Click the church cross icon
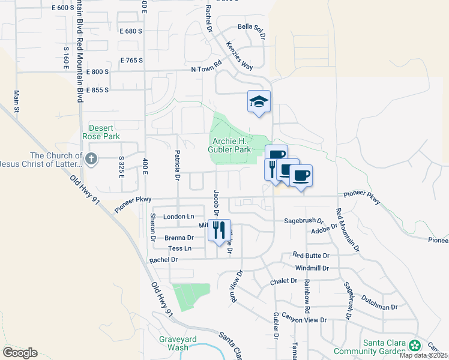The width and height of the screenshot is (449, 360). pos(91,159)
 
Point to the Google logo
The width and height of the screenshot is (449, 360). pos(19,353)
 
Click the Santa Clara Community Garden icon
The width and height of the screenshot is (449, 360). pos(415,345)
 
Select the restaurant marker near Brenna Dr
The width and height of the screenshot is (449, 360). pos(218,229)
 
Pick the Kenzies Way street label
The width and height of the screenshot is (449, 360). pos(240,55)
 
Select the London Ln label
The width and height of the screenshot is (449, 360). pos(179,217)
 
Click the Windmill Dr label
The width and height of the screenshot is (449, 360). pos(310,268)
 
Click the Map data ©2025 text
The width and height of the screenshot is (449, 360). pos(423,355)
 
